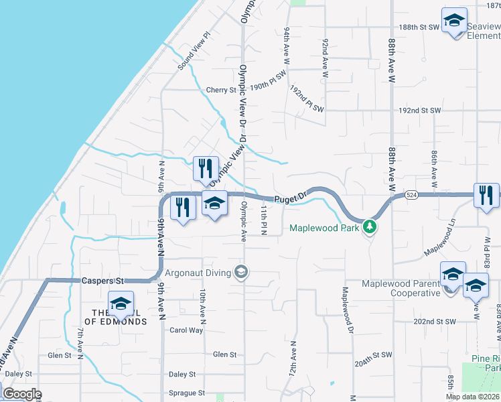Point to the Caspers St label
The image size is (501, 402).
99,281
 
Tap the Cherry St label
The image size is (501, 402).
222,90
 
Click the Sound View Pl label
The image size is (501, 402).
194,51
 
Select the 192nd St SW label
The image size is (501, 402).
420,110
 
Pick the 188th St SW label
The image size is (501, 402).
418,27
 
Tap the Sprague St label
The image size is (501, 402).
187,393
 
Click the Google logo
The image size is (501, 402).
22,394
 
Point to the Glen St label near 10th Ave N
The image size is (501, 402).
224,354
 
